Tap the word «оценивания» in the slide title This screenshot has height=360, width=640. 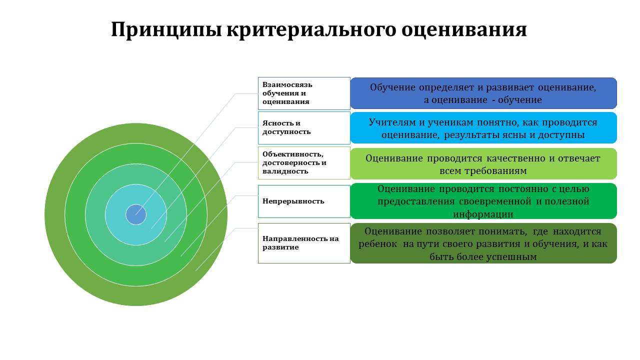click(x=464, y=30)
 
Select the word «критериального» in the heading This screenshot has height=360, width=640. click(x=311, y=30)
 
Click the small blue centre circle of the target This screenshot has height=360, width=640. click(x=136, y=214)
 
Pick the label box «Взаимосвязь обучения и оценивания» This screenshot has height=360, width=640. click(x=304, y=93)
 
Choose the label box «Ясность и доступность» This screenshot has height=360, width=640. click(x=304, y=127)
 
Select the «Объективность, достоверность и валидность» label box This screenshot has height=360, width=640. click(x=304, y=163)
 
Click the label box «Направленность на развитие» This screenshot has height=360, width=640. click(x=304, y=243)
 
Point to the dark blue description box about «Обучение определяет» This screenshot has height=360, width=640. click(x=483, y=93)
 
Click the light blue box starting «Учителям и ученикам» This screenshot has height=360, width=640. click(x=483, y=127)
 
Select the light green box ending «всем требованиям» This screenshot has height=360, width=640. click(x=483, y=163)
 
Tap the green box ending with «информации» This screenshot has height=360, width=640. click(x=483, y=201)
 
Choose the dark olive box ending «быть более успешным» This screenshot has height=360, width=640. click(x=483, y=243)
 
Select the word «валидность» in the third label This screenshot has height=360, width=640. click(x=285, y=171)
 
